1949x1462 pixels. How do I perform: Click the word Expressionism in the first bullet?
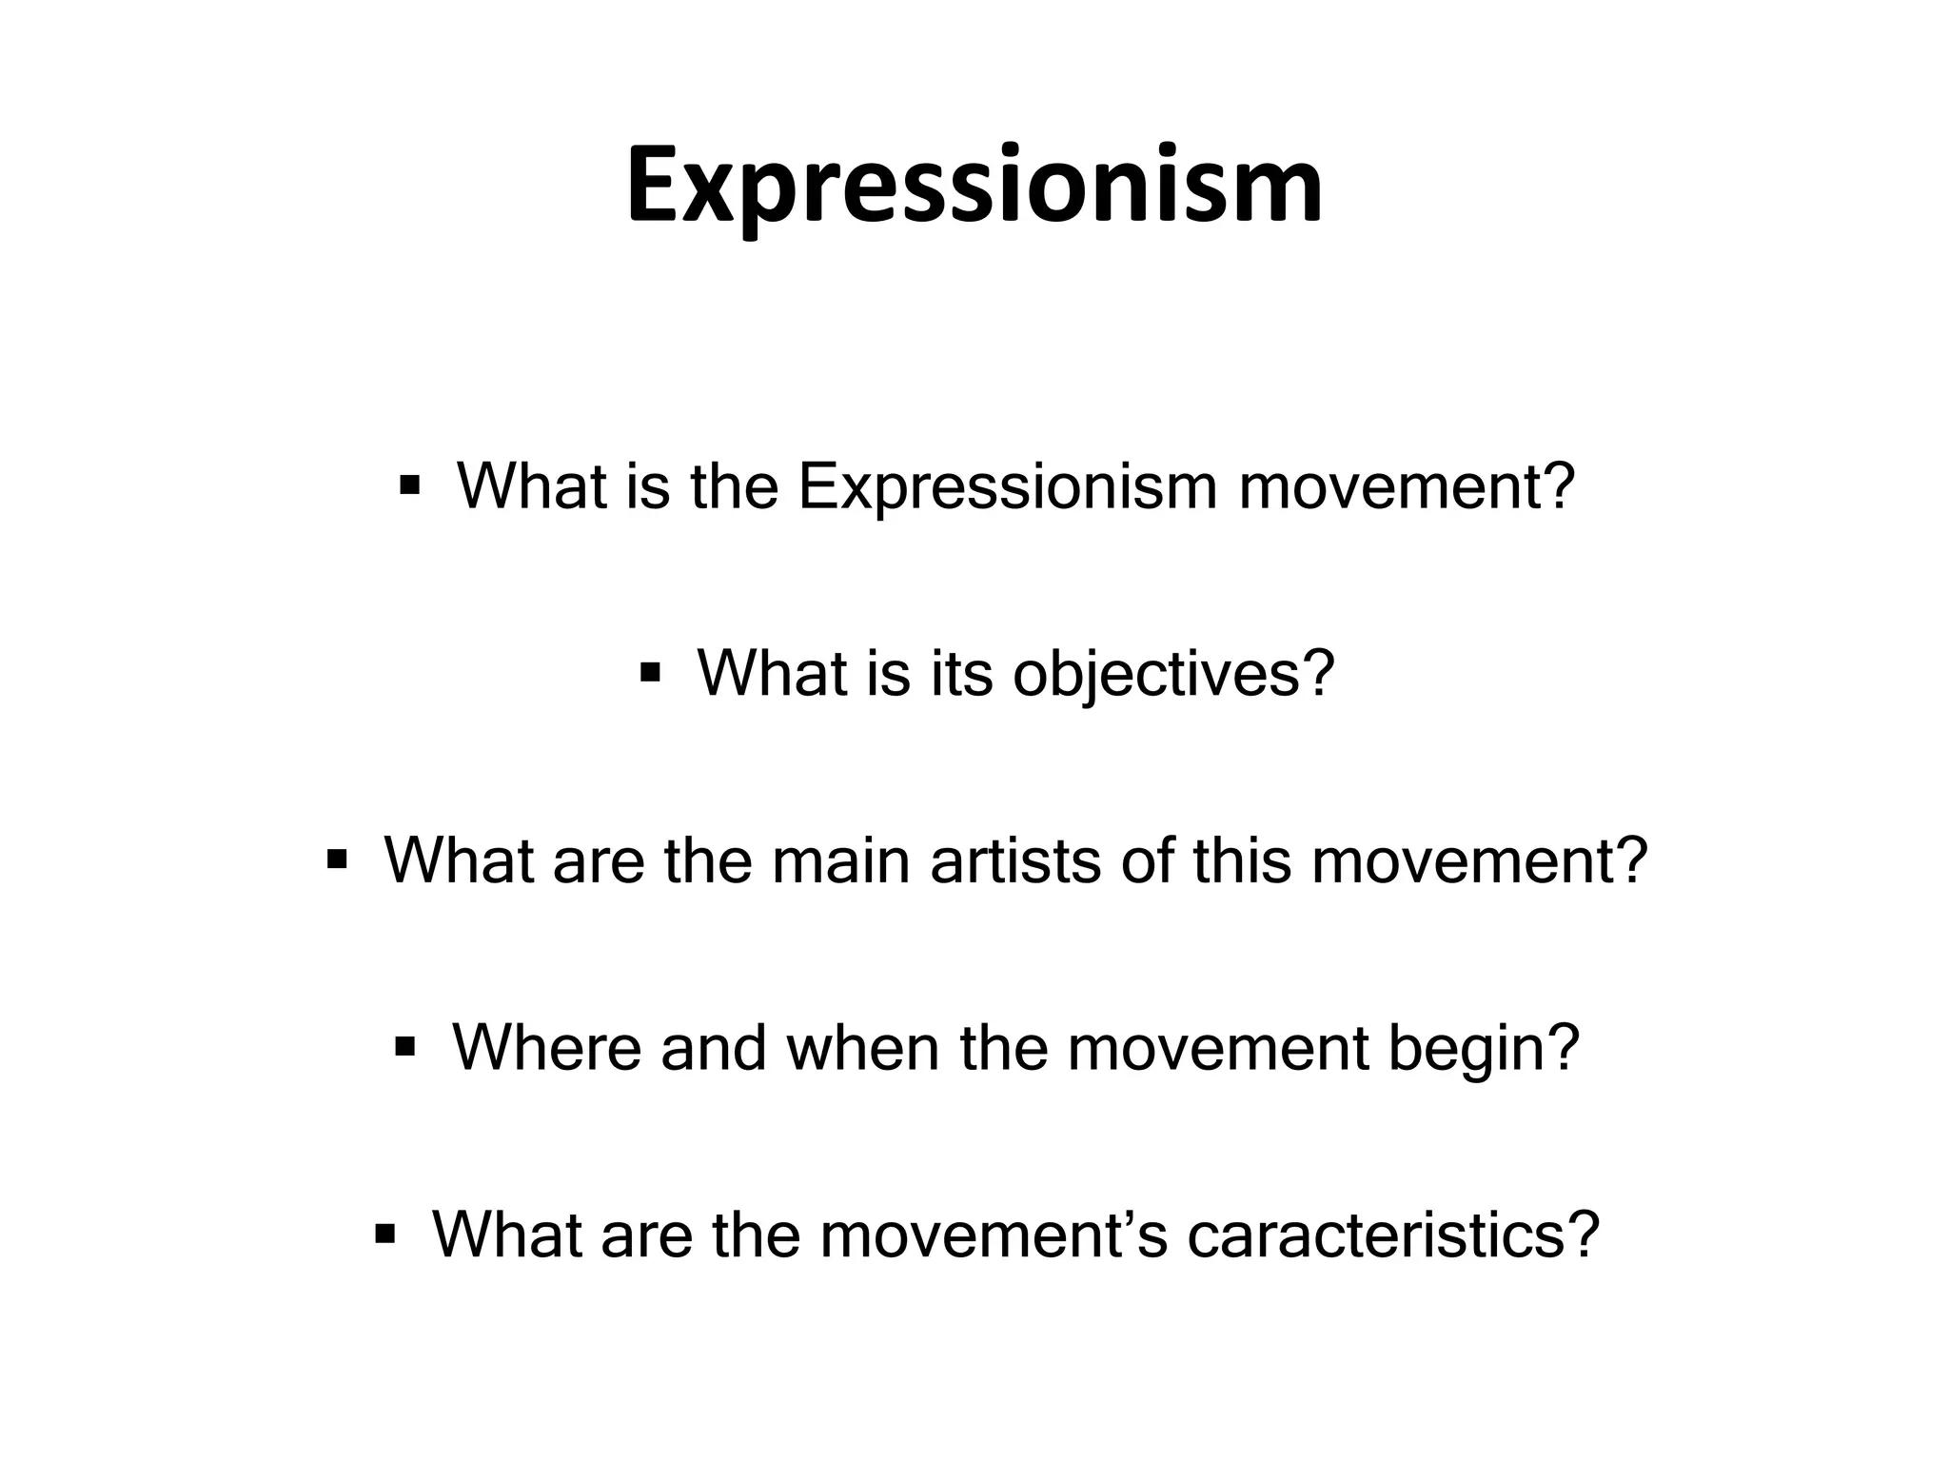[x=1008, y=487]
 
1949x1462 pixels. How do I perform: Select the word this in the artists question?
[x=1241, y=860]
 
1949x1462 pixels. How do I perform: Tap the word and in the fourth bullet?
[x=713, y=1048]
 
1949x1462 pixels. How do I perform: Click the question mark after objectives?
[x=1317, y=674]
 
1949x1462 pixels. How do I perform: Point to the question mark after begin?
[x=1563, y=1048]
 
